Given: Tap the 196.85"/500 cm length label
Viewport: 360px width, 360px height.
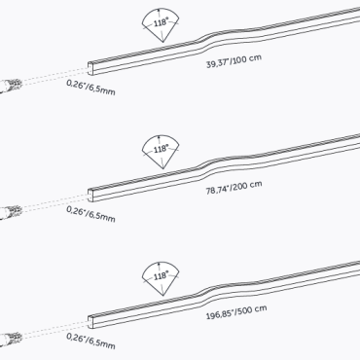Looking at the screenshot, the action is [x=235, y=313].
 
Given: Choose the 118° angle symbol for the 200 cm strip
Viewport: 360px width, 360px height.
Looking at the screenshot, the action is [x=161, y=151].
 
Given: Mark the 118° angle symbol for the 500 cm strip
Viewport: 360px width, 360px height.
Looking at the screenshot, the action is [x=161, y=275].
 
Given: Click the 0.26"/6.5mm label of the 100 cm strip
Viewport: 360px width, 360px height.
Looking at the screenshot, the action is [x=90, y=89].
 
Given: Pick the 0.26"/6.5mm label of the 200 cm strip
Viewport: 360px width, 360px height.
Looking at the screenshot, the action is [x=90, y=213].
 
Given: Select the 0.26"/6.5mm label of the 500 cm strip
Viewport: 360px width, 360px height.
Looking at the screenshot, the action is [x=90, y=340].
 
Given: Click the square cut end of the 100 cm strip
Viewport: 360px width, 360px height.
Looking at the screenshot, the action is [x=91, y=67].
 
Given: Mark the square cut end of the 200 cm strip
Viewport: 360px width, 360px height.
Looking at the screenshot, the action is [x=91, y=192].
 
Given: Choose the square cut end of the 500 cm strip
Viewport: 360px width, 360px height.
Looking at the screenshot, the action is [x=91, y=317].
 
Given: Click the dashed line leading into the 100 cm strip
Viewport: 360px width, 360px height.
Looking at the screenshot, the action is [x=54, y=77].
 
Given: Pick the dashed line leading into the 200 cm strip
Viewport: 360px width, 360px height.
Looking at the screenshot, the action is [x=54, y=201].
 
